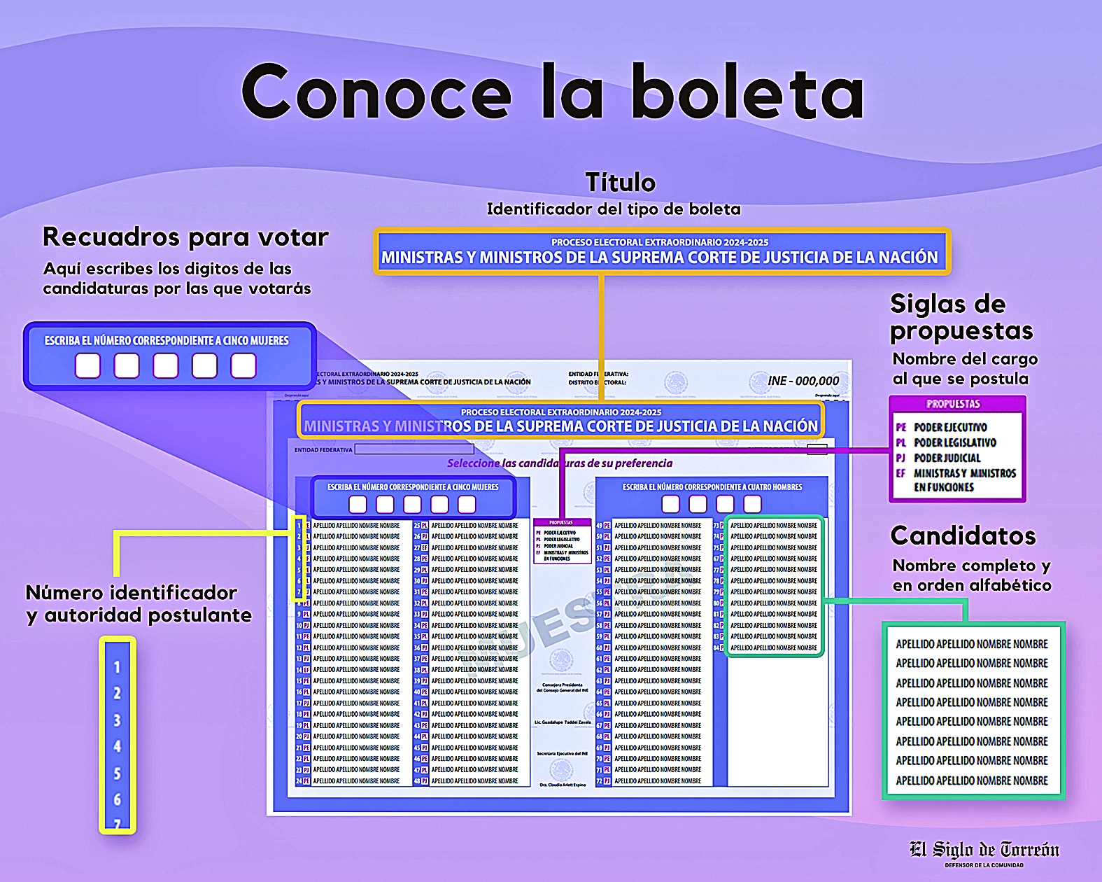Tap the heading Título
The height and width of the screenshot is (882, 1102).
click(x=620, y=183)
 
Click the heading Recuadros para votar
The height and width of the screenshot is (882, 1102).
click(x=185, y=237)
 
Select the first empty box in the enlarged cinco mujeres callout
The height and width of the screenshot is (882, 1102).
click(x=88, y=365)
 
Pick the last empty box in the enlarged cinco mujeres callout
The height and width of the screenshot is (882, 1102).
click(x=243, y=365)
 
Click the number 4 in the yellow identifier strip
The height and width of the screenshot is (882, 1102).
click(x=117, y=746)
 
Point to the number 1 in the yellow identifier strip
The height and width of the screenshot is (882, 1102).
click(x=117, y=667)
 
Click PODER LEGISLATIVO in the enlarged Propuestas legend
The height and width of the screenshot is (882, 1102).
click(x=954, y=442)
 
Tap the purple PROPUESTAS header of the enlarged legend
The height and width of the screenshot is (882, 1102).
click(x=953, y=404)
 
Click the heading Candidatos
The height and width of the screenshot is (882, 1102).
click(x=963, y=535)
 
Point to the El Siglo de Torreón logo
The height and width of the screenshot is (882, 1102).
click(x=984, y=851)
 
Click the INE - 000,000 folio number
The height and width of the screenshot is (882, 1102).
click(x=803, y=381)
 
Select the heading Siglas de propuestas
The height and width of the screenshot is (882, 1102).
click(x=960, y=317)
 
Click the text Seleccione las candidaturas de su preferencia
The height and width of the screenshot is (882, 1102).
click(x=560, y=463)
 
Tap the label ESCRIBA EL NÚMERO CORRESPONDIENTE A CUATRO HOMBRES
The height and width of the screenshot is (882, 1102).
click(x=712, y=486)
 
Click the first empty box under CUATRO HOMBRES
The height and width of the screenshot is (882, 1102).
click(x=670, y=504)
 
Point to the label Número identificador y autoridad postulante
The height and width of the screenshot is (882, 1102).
click(x=139, y=603)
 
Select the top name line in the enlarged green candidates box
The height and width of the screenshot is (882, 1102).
click(x=972, y=644)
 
